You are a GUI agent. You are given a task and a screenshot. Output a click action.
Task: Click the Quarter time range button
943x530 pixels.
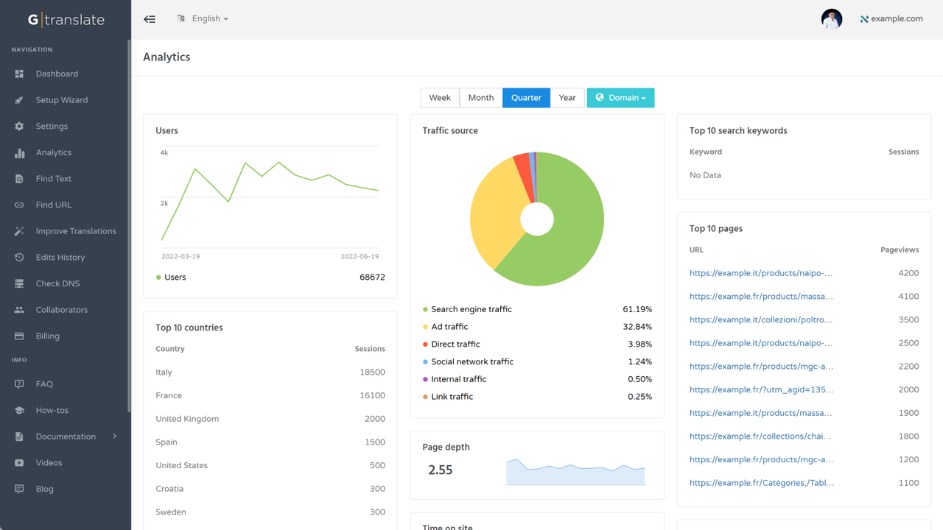tap(526, 98)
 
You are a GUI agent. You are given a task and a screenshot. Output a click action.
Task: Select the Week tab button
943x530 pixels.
tap(440, 98)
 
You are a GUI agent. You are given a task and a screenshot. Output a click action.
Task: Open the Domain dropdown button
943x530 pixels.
tap(620, 98)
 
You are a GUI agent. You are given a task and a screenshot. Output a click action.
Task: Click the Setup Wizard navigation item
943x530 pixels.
tap(61, 100)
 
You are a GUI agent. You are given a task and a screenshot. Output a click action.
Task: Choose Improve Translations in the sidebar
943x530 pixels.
tap(75, 231)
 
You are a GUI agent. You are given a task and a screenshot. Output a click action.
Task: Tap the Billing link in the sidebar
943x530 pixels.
tap(47, 336)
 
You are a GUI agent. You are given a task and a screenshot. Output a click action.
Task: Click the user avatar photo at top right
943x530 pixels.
tap(832, 19)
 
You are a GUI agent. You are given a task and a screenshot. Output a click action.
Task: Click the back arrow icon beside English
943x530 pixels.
tap(150, 19)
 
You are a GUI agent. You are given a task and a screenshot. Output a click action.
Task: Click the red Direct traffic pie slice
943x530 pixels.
tap(522, 168)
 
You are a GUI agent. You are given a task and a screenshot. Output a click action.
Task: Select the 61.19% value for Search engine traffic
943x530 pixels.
tap(637, 309)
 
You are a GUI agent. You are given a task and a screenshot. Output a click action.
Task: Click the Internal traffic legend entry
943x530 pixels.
tap(458, 379)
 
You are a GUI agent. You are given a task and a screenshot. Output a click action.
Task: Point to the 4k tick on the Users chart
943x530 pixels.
tap(164, 153)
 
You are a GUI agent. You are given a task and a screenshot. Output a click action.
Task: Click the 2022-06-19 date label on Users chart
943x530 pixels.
tap(360, 257)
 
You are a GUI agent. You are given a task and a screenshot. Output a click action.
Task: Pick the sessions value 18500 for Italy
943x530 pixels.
tap(372, 372)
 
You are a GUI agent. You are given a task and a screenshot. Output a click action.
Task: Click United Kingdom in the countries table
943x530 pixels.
tap(187, 419)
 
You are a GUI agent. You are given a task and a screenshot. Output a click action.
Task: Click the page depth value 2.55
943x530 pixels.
tap(441, 470)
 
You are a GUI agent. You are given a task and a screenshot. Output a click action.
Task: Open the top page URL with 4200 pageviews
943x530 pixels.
tap(761, 273)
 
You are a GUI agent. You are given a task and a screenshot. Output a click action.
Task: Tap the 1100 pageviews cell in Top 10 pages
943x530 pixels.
tap(908, 483)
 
